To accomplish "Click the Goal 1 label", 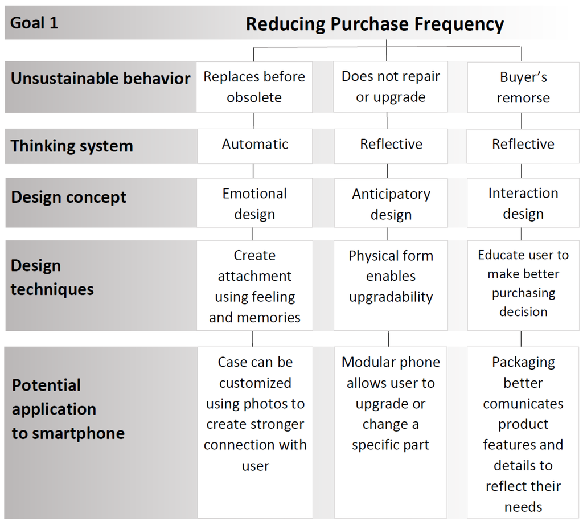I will coord(34,23).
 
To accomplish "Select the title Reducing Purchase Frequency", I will coord(375,24).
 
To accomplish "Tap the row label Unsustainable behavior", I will coord(100,79).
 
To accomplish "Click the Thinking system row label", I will coord(72,146).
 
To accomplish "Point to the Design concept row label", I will coord(69,198).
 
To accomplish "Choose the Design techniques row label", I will coord(52,277).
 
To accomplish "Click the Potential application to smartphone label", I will coord(68,409).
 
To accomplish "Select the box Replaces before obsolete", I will coord(254,87).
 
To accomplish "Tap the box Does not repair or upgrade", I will coord(391,87).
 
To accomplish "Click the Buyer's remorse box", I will coord(523,87).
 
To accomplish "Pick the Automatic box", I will coord(254,145).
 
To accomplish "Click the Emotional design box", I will coord(254,203).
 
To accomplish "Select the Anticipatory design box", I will coord(391,204).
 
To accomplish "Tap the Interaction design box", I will coord(523,203).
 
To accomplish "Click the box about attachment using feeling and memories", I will coord(254,286).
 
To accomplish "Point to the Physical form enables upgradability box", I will coord(391,276).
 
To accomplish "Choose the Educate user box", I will coord(523,283).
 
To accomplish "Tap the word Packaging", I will coord(523,362).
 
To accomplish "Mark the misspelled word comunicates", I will coord(523,404).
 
